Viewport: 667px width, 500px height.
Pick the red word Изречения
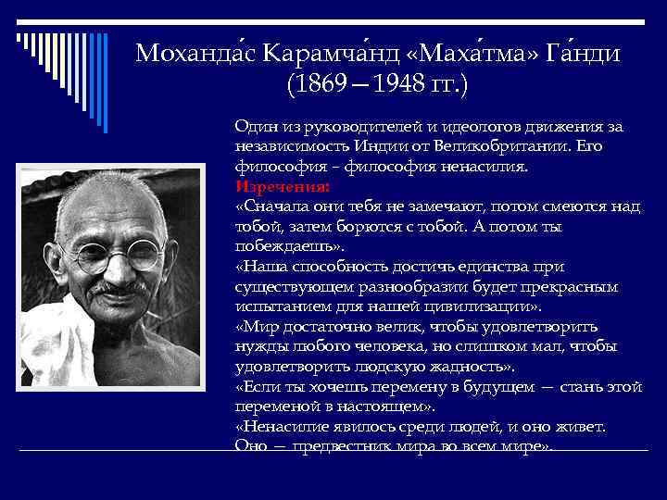point(276,184)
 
